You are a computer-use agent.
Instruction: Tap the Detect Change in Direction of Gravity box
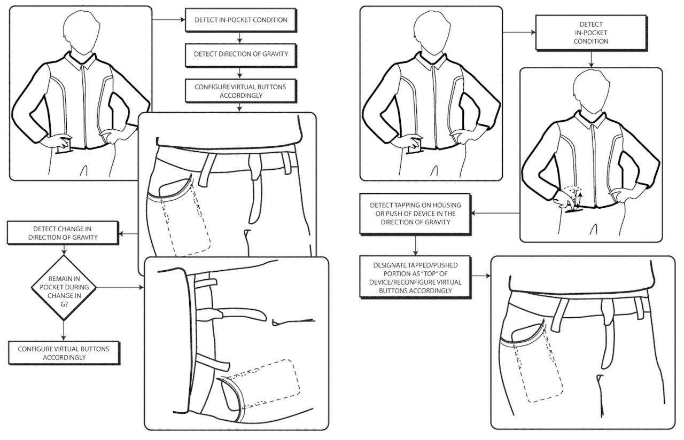(64, 233)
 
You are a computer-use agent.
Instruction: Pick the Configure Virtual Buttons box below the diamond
(64, 353)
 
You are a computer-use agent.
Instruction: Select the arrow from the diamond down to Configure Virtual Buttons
(64, 330)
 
